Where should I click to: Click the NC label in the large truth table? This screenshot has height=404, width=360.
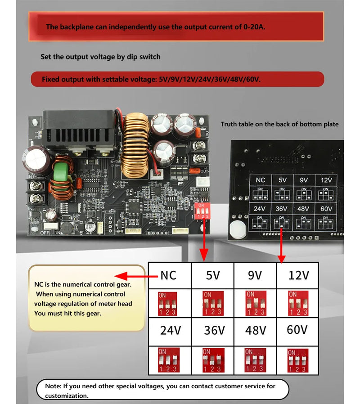pyautogui.click(x=168, y=275)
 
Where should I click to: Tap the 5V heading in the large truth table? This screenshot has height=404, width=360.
pyautogui.click(x=212, y=275)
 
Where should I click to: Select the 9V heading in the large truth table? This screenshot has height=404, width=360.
pyautogui.click(x=255, y=275)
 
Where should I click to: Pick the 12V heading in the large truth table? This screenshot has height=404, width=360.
pyautogui.click(x=298, y=275)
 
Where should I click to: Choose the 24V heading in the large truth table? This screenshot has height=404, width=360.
pyautogui.click(x=170, y=331)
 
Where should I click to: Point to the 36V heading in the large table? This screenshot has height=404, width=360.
pyautogui.click(x=213, y=331)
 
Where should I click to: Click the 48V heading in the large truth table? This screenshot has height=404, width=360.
pyautogui.click(x=255, y=331)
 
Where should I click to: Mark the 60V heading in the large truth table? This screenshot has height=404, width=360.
pyautogui.click(x=297, y=330)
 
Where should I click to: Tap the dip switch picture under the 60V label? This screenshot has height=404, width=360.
pyautogui.click(x=297, y=359)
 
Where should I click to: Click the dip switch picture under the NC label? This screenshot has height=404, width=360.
pyautogui.click(x=166, y=303)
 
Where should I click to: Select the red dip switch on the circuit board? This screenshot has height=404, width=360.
pyautogui.click(x=203, y=210)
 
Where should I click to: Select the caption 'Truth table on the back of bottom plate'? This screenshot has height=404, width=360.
pyautogui.click(x=279, y=124)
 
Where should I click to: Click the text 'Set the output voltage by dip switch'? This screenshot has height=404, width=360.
pyautogui.click(x=100, y=57)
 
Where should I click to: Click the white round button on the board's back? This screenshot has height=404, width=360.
pyautogui.click(x=236, y=229)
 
